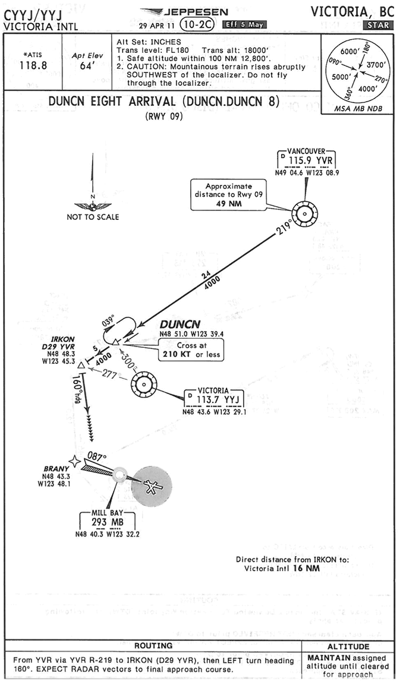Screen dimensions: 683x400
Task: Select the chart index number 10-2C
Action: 199,24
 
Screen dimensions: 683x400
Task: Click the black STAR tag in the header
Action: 378,25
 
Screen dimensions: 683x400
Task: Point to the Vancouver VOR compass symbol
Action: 304,213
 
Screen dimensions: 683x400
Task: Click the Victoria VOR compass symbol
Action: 144,386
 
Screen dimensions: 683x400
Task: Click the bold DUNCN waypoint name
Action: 178,325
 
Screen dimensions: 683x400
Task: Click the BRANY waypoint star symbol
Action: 74,461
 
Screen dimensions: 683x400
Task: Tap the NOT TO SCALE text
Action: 93,217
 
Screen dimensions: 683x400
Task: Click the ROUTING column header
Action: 153,646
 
